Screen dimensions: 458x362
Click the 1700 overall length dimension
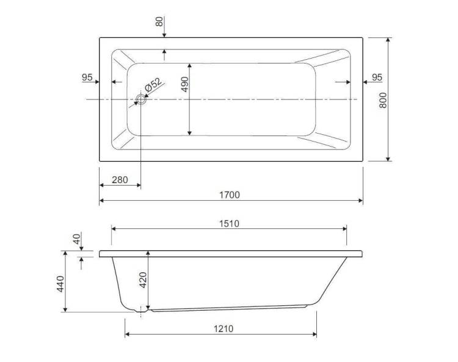coord(230,195)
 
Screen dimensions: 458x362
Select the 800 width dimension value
coord(383,100)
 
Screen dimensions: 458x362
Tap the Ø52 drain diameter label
coord(153,85)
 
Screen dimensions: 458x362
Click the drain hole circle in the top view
coord(141,100)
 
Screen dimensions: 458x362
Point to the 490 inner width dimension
coord(185,84)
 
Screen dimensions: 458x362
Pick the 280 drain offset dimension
coord(120,180)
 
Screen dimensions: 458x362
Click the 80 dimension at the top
coord(159,21)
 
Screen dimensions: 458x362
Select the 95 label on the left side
coord(87,78)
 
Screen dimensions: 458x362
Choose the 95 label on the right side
coord(377,78)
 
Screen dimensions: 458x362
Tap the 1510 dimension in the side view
coord(229,223)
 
